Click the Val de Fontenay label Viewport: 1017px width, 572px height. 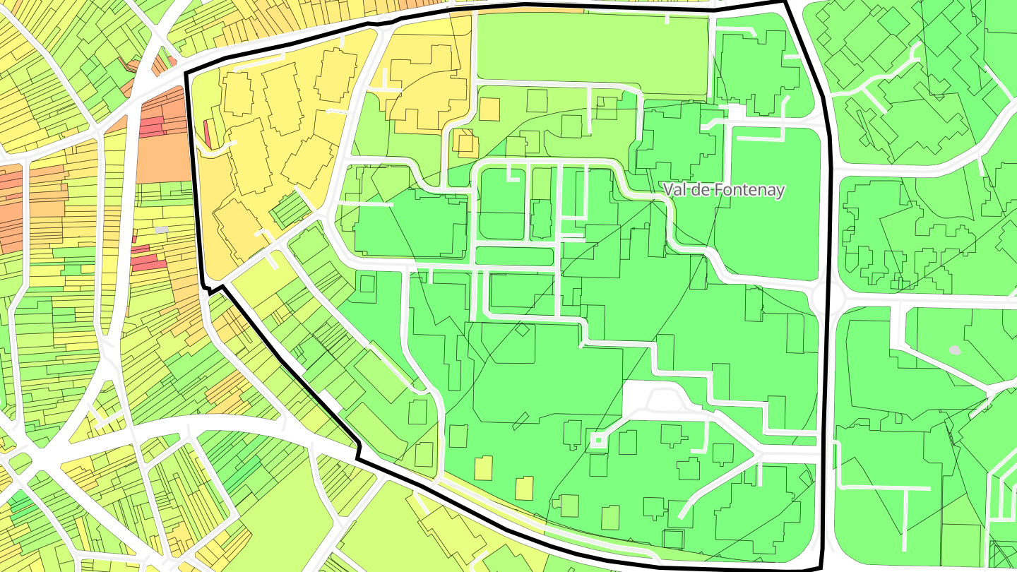724,190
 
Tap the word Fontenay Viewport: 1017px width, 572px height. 749,190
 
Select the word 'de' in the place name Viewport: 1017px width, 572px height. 700,190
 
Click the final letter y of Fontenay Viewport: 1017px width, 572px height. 780,191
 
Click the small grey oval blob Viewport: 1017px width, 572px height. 955,350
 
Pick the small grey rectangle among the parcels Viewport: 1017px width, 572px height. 162,230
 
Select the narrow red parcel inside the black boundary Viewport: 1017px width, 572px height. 207,134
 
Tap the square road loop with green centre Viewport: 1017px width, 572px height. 598,440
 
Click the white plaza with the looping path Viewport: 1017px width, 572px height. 651,399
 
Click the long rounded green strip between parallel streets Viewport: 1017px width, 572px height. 513,256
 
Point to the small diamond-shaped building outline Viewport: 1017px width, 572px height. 522,329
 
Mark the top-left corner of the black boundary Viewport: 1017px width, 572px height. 186,73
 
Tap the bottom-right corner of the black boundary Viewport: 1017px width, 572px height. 820,568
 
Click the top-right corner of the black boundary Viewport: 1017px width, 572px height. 785,3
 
